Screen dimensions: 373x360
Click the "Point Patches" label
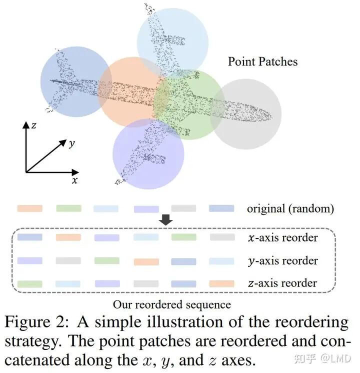click(x=262, y=62)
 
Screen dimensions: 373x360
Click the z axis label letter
click(x=33, y=125)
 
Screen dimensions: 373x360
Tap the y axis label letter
click(x=72, y=143)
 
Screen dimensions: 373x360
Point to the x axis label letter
click(x=74, y=181)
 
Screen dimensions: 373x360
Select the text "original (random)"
click(x=290, y=208)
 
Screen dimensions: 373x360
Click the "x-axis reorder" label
click(x=282, y=237)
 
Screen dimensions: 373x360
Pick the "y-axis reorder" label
click(x=282, y=260)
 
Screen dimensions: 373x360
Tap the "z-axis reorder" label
click(x=282, y=283)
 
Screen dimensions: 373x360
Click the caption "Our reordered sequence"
click(x=171, y=304)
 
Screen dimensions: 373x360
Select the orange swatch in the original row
click(x=29, y=208)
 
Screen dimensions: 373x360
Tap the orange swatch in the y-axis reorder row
click(x=146, y=261)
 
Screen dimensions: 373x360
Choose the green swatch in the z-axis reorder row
click(x=29, y=283)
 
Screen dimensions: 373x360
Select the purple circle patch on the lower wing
click(x=145, y=152)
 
